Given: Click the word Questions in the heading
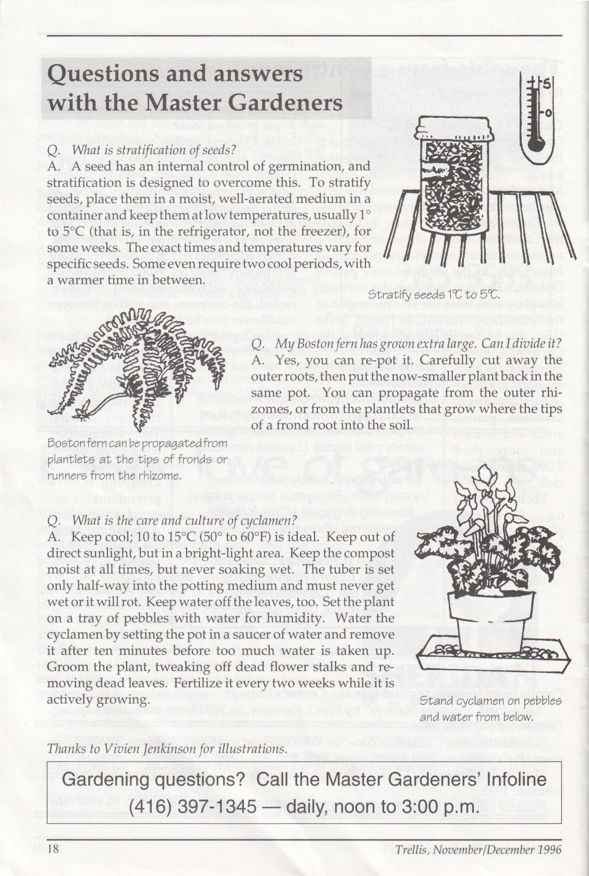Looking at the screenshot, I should pyautogui.click(x=103, y=74).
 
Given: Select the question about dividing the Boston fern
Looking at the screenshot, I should pyautogui.click(x=417, y=344).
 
